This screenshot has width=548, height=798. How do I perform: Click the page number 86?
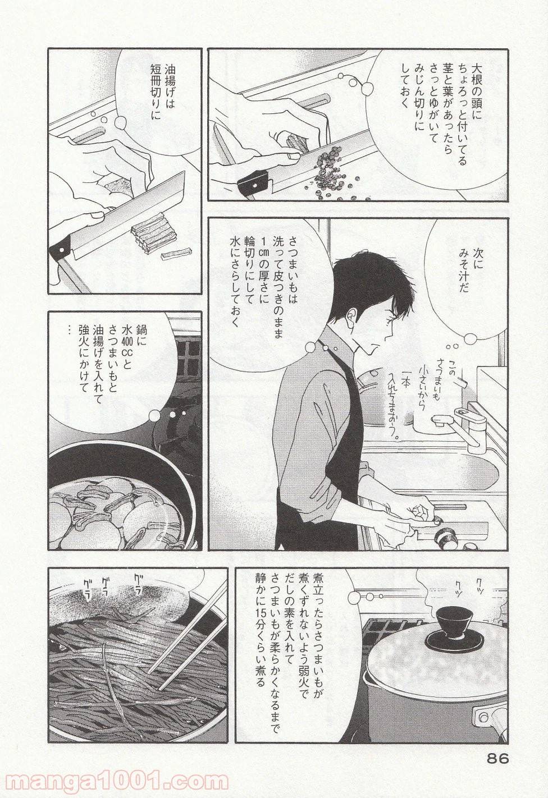495,759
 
